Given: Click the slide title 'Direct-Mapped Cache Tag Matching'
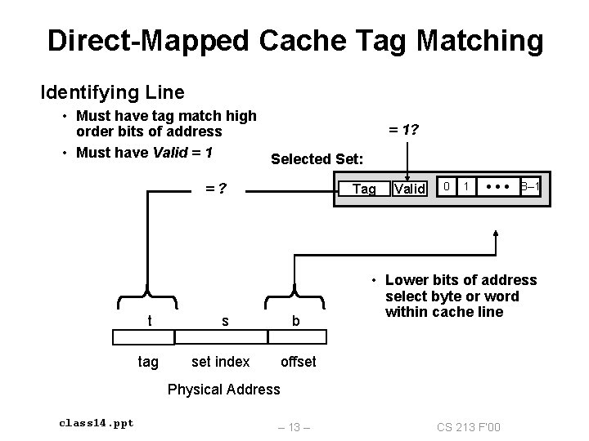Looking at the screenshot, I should click(294, 40).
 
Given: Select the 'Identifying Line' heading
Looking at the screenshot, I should click(113, 92).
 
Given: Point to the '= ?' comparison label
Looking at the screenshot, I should click(215, 189).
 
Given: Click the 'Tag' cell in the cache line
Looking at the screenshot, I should click(364, 189).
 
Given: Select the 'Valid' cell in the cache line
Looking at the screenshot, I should click(409, 189).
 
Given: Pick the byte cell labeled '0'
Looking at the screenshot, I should click(446, 189).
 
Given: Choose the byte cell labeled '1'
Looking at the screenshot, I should click(465, 189).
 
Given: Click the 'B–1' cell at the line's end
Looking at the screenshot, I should click(529, 189).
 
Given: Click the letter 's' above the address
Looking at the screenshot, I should click(225, 322).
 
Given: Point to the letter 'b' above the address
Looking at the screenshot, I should click(296, 323).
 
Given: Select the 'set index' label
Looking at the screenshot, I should click(219, 361).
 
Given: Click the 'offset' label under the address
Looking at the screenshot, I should click(298, 361).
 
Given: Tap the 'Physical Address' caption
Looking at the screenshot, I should click(223, 389).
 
